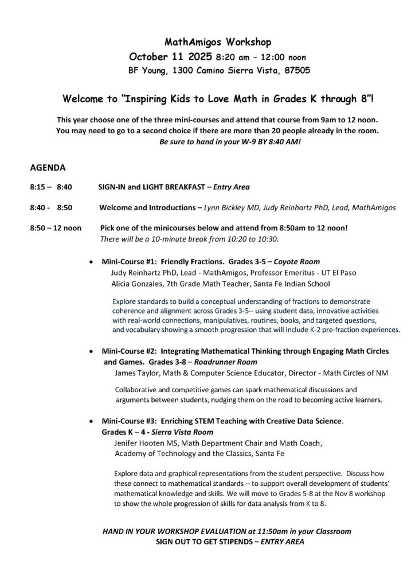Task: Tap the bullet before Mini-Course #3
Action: (92, 421)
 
